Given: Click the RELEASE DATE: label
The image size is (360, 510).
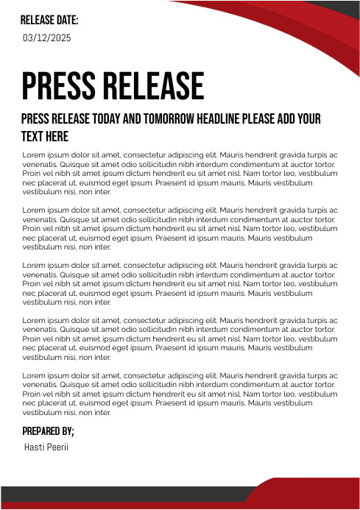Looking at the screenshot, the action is [49, 20].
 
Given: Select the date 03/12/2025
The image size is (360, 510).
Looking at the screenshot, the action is [47, 37].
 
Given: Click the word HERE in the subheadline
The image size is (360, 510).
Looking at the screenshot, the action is [57, 137].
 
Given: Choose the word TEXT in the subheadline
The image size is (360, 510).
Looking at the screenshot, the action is [32, 137].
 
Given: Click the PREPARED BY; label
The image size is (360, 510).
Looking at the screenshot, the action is [49, 431].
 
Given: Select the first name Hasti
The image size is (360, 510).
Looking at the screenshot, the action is [34, 447].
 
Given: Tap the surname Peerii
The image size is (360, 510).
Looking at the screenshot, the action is [57, 447].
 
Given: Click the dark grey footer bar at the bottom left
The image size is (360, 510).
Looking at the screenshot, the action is [110, 494].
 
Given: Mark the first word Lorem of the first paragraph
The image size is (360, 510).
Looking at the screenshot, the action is [33, 155].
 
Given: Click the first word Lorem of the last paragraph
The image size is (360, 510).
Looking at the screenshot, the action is [33, 376].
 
